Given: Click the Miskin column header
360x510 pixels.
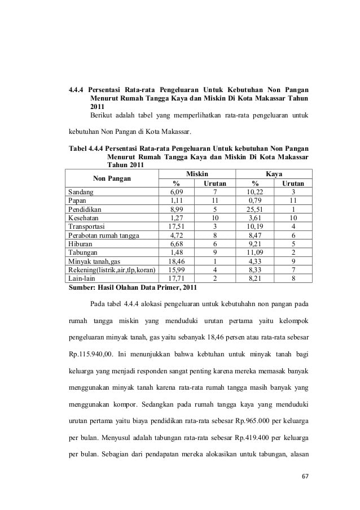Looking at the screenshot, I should coord(196,174).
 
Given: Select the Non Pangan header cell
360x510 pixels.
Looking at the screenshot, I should coord(112,178).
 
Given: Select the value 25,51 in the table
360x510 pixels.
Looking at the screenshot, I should coord(255,209).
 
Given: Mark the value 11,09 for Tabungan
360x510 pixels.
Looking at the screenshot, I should coord(255,252).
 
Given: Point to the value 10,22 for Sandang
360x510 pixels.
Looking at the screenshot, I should coord(255,192).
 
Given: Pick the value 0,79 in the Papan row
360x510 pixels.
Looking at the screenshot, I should coord(255,200).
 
